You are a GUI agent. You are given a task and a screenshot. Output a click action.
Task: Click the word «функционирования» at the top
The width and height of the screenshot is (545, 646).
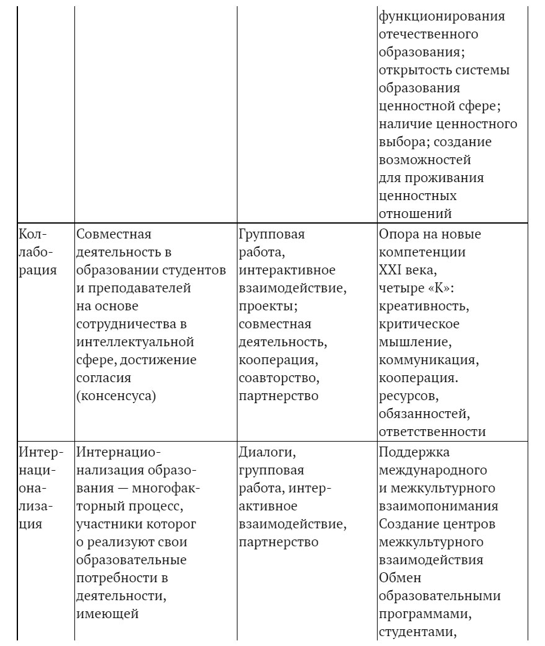click(x=441, y=16)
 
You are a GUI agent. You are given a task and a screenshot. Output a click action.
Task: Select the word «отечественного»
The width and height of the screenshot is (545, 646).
click(x=428, y=34)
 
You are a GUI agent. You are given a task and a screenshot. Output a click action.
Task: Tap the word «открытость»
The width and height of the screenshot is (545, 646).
click(x=412, y=70)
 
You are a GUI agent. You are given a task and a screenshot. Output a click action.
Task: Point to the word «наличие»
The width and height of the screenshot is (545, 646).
click(x=402, y=124)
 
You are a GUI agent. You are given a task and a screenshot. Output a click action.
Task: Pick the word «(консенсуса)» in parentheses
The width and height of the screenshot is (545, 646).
click(x=116, y=396)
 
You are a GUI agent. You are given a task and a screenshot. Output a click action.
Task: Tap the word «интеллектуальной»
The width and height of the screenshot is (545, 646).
click(x=135, y=342)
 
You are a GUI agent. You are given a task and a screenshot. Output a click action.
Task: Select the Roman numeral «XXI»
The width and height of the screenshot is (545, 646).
click(x=391, y=270)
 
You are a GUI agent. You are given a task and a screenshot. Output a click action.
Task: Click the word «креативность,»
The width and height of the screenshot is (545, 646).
click(x=423, y=306)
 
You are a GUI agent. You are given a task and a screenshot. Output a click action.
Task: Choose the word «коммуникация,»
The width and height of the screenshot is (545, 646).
click(x=427, y=360)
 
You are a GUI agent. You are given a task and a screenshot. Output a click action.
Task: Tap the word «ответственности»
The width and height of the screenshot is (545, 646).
click(x=432, y=432)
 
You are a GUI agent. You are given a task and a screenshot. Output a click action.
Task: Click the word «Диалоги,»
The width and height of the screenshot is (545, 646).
click(x=267, y=452)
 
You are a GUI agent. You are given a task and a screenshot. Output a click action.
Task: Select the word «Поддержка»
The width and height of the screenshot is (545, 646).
click(x=414, y=452)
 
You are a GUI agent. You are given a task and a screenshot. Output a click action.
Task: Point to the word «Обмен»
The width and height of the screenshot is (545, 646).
click(x=399, y=578)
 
